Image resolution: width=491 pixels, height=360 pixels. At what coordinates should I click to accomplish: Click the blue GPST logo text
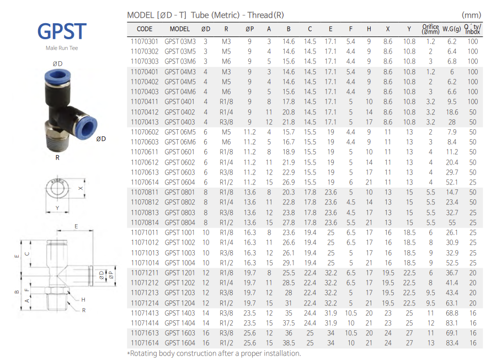tap(62, 31)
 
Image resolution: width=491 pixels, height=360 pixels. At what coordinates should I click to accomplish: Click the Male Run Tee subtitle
tap(62, 48)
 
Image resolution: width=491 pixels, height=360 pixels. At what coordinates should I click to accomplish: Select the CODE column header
tap(145, 29)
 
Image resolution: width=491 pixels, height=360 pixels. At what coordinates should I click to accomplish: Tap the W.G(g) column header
tap(451, 29)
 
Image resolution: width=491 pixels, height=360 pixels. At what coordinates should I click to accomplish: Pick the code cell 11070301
tap(145, 41)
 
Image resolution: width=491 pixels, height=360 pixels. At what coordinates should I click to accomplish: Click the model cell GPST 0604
tap(180, 182)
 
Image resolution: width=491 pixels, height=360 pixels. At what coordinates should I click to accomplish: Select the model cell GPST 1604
tap(180, 343)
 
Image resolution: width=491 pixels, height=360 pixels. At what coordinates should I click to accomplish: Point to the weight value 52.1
tap(452, 182)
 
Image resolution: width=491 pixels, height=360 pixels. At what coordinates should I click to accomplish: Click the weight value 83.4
tap(452, 343)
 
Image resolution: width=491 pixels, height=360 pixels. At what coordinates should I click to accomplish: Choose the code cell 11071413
tap(145, 313)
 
